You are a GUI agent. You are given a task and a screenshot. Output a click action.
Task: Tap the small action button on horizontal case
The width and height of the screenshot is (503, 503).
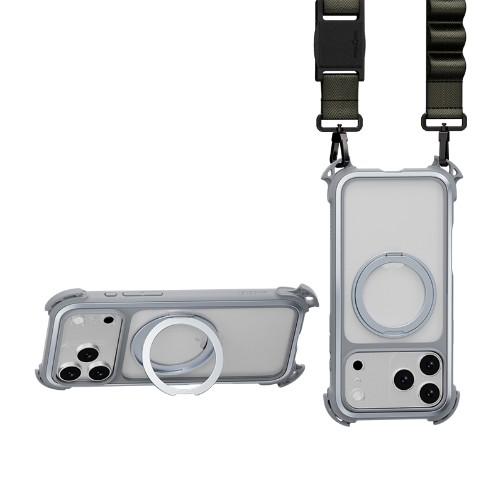tap(111, 294)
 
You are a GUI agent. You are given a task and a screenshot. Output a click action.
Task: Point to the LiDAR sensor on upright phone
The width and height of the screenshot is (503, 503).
tap(358, 365)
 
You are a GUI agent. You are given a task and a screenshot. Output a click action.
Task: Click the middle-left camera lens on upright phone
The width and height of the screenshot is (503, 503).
tap(402, 379)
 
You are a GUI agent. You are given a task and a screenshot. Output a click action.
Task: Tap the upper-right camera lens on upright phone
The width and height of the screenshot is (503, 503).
tap(429, 364)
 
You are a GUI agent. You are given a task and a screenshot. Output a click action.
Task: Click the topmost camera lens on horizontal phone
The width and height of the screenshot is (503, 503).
tap(88, 354)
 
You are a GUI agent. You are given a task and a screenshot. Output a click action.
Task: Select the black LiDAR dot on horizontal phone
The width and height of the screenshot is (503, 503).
tap(108, 319)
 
